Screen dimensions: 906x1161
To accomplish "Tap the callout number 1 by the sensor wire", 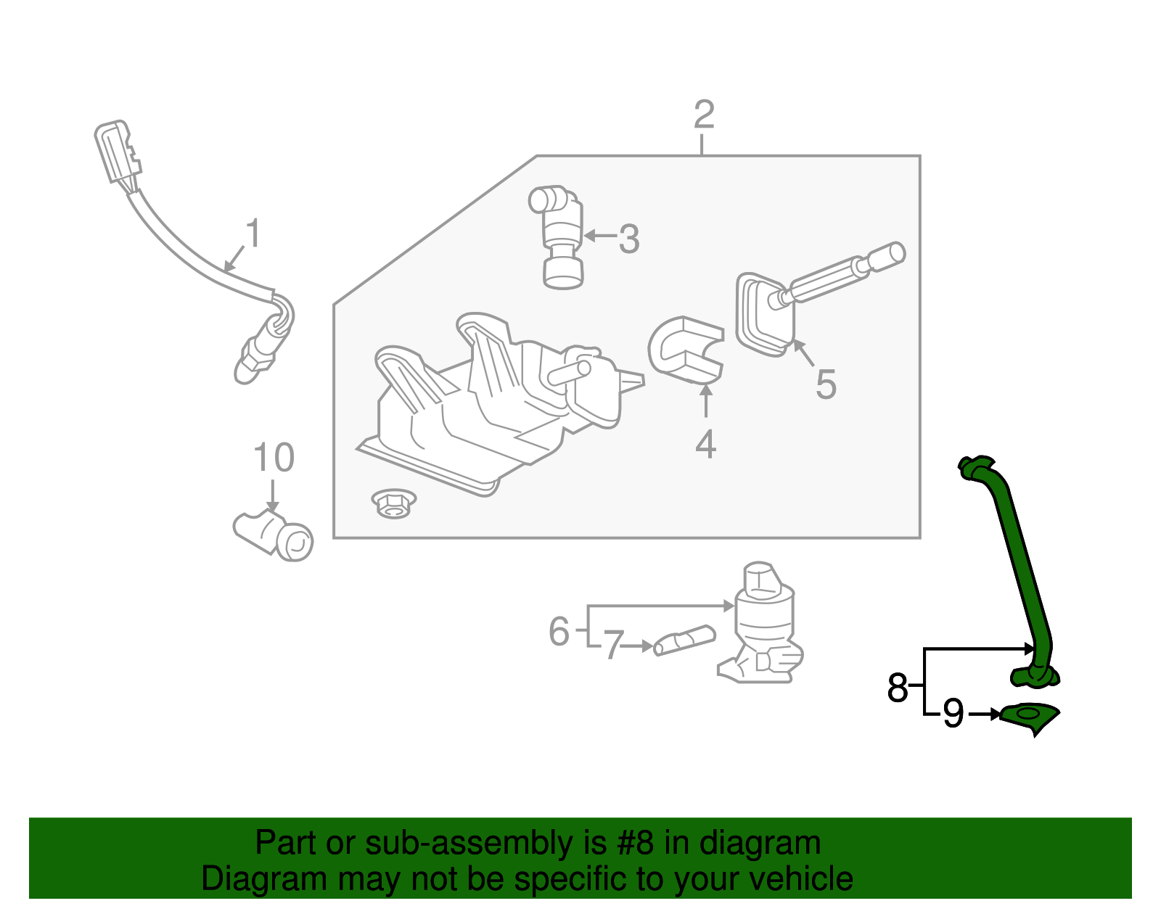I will click(x=252, y=234).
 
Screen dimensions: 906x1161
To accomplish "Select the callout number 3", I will click(x=629, y=239).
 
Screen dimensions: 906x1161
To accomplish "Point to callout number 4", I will click(x=705, y=444).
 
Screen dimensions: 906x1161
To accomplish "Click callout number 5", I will click(x=826, y=384).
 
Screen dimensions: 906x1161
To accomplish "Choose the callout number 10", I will click(x=274, y=458).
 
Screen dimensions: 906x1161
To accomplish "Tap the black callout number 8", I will click(x=898, y=687).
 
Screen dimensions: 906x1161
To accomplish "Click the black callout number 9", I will click(x=953, y=714).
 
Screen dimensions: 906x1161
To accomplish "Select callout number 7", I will click(x=613, y=646).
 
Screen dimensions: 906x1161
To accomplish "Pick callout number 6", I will click(x=559, y=630).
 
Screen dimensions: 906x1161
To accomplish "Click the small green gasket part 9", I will click(x=1029, y=717).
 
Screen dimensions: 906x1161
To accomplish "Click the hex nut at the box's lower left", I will click(x=393, y=502).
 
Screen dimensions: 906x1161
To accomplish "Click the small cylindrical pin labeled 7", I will click(x=684, y=640).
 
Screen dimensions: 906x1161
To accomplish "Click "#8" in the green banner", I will click(x=636, y=844).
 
